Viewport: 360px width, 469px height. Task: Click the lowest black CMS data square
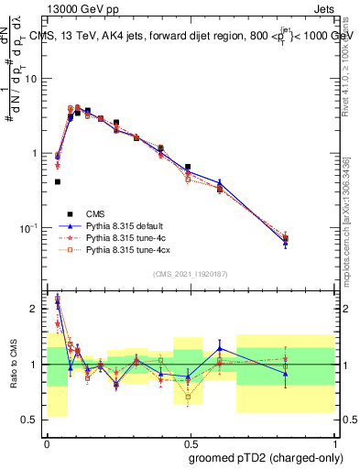click(x=58, y=181)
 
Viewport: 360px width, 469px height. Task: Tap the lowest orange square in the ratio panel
click(x=189, y=397)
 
